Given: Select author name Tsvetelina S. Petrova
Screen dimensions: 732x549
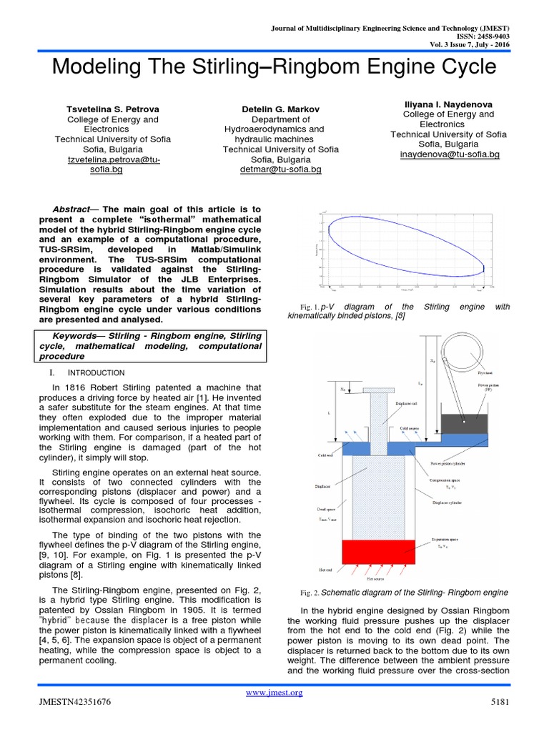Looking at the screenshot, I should pos(112,108).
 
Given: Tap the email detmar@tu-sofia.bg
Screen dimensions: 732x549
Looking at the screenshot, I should pos(280,169).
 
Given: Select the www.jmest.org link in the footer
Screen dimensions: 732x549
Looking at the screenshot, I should pos(274,692).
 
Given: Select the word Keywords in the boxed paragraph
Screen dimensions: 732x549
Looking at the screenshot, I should pos(76,335).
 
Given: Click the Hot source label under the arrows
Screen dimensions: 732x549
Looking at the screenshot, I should pos(375,578).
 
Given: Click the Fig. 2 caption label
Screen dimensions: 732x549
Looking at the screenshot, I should pos(310,593).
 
